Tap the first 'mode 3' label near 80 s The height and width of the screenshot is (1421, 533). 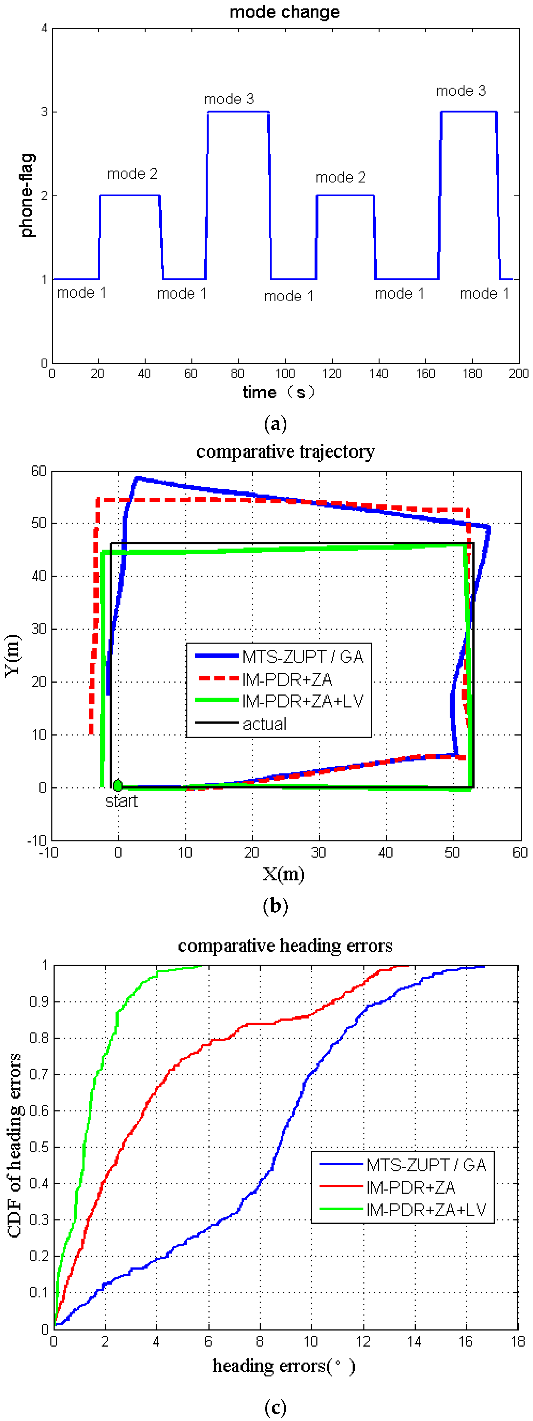point(229,99)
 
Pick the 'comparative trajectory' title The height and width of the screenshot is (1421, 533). point(285,452)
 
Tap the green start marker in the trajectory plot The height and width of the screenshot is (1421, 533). point(117,785)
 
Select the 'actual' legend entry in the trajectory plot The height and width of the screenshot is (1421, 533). point(265,724)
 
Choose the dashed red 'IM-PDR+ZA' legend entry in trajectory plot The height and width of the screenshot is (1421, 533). point(287,679)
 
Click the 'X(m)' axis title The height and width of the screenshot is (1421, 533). point(283,874)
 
